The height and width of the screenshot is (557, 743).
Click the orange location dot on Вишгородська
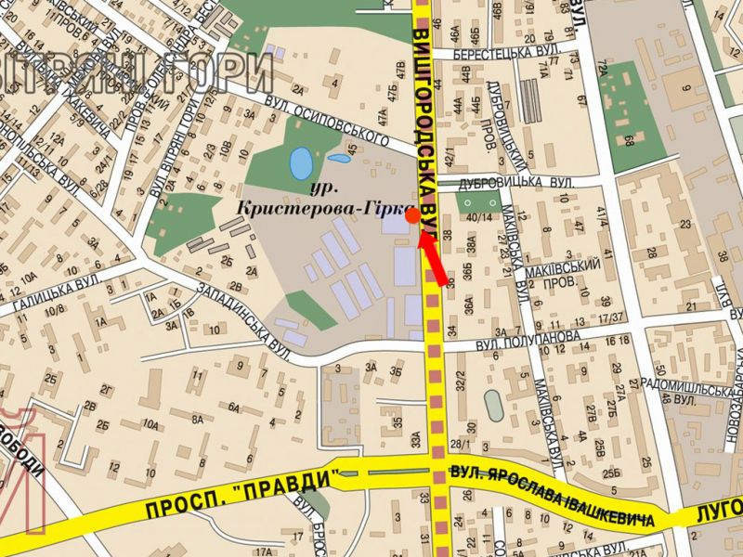pos(411,214)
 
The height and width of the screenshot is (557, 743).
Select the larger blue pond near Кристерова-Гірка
pos(301,163)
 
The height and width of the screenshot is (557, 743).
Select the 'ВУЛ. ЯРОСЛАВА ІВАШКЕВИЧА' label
pos(557,494)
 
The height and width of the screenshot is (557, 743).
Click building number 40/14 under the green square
pos(479,218)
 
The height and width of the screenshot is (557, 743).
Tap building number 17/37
pos(610,318)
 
